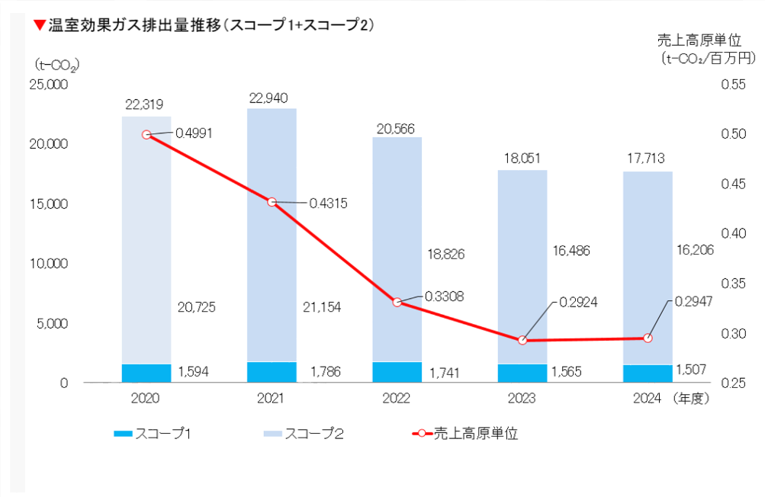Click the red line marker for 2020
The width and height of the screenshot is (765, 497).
pos(146,135)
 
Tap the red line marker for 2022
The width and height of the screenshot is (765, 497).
pos(397,303)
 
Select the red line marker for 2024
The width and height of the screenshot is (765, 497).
pos(648,338)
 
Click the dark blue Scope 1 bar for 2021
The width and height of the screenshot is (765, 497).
pos(272,372)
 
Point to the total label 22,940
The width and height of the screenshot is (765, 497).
pos(272,98)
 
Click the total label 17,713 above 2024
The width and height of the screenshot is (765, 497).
pos(648,159)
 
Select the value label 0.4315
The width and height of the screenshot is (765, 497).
pos(329,204)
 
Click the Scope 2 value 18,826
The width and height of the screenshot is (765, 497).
pos(445,254)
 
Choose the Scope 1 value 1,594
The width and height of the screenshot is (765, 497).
pos(194,372)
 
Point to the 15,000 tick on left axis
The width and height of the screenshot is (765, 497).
pos(50,204)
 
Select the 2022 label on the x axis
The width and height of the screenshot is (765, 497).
pos(397,399)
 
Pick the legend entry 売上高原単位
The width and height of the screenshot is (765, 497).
pos(475,434)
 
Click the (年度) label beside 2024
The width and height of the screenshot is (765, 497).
pos(692,399)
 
